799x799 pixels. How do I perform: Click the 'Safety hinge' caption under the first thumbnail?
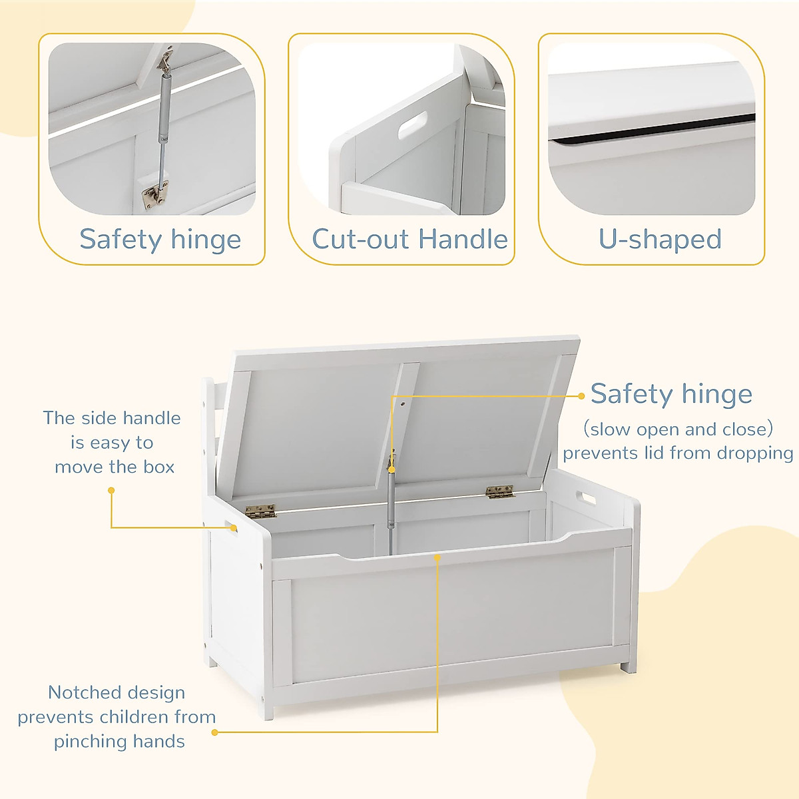coord(160,240)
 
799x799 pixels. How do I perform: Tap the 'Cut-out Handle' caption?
coord(409,240)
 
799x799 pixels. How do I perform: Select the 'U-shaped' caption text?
coord(660,240)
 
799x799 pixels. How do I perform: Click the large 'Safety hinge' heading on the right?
coord(671,394)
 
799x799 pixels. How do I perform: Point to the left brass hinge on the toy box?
coord(260,511)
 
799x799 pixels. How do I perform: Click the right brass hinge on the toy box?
coord(500,492)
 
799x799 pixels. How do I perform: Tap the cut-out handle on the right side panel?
coord(587,497)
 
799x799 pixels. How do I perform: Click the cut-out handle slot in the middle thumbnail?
coord(413,125)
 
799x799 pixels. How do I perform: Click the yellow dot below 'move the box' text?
coord(111,490)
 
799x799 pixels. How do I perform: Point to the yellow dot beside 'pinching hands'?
coord(214,732)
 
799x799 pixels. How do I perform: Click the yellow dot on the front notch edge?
coord(437,557)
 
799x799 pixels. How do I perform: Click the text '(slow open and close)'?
coord(678,429)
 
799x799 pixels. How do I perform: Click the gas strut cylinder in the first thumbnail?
coord(163,107)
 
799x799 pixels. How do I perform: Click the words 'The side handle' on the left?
coord(112,418)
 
